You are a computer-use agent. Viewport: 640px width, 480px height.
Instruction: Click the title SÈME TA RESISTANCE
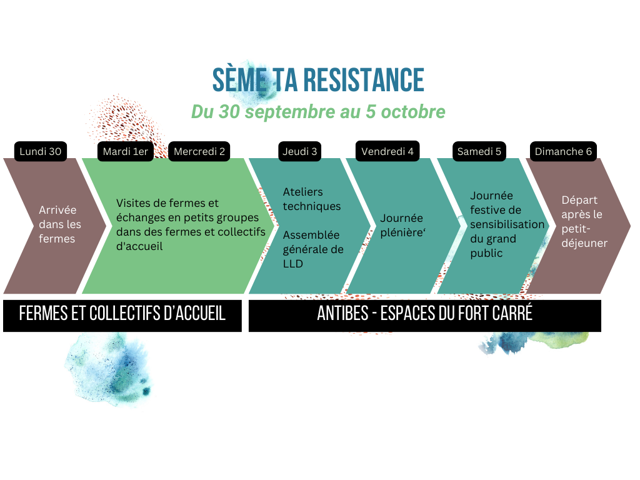pos(318,81)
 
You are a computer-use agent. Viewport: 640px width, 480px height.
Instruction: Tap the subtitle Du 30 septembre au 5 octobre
pos(318,112)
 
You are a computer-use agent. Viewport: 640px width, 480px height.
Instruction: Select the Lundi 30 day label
pos(41,151)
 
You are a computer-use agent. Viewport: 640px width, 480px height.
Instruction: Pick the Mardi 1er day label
pos(126,151)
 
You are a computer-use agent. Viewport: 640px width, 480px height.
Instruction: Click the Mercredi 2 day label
pos(199,151)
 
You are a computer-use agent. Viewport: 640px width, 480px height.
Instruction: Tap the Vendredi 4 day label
pos(387,151)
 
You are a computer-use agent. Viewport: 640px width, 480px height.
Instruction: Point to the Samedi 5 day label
pos(479,151)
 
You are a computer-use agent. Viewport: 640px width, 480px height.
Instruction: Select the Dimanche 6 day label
pos(563,151)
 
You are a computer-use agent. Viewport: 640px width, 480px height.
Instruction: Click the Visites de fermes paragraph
pos(191,224)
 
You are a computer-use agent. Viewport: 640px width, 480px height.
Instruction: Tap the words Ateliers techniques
pos(312,199)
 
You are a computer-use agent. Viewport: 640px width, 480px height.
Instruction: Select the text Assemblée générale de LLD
pos(313,249)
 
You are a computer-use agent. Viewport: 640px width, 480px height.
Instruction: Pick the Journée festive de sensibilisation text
pos(507,224)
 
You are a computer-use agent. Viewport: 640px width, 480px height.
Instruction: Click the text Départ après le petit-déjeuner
pos(584,221)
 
